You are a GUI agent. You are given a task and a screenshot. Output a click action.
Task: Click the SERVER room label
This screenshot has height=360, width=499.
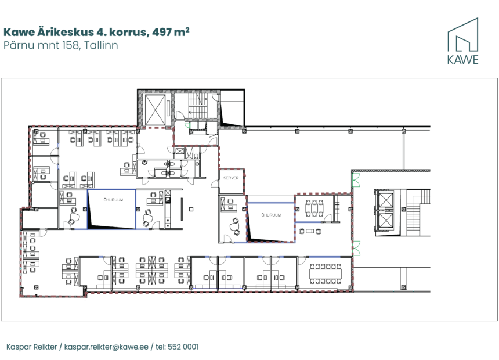[231, 178]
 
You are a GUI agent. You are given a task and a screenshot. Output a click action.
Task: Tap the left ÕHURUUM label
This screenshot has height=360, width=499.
[113, 200]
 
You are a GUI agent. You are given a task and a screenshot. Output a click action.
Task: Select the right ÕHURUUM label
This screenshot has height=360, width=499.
[271, 215]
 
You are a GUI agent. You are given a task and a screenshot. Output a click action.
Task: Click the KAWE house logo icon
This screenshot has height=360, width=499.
[462, 35]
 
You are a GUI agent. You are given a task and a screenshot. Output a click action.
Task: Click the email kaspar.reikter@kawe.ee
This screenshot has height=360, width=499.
[106, 347]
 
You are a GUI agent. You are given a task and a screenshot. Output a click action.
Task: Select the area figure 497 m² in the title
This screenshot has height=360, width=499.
[171, 32]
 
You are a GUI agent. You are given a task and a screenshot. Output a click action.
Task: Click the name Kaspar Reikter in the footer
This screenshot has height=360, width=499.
[31, 347]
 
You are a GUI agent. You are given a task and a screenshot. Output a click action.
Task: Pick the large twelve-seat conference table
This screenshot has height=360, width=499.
[326, 273]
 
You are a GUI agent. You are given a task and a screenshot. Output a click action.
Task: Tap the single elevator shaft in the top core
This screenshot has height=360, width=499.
[156, 109]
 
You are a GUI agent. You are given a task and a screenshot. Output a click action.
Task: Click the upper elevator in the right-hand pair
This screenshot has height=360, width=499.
[385, 201]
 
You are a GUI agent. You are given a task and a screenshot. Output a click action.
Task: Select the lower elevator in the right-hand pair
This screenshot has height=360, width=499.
[385, 221]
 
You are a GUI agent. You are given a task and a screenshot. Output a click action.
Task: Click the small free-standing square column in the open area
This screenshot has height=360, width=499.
[191, 209]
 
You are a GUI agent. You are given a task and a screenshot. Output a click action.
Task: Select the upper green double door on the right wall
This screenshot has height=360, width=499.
[356, 179]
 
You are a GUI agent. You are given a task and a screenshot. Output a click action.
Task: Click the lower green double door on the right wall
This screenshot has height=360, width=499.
[356, 249]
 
